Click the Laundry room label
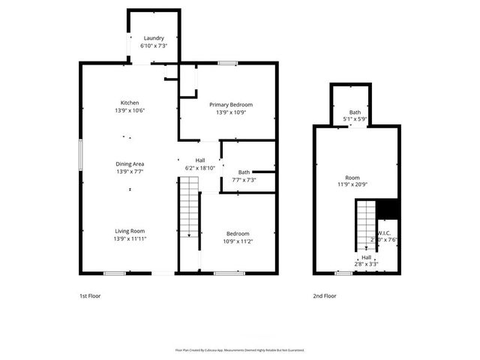click(x=154, y=38)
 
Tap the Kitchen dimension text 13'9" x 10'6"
click(x=130, y=110)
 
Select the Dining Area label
click(x=130, y=163)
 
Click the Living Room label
click(x=130, y=231)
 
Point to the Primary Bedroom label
click(x=231, y=104)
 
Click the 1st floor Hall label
click(x=200, y=160)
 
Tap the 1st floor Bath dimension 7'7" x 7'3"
click(x=244, y=180)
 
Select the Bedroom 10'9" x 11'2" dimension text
click(x=238, y=241)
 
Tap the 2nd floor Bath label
click(x=355, y=112)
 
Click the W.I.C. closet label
click(x=382, y=232)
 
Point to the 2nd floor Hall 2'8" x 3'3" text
click(x=366, y=264)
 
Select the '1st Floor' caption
click(x=90, y=296)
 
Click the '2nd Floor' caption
click(x=325, y=296)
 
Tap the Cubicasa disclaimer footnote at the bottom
click(x=240, y=350)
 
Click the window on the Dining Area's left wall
click(x=81, y=158)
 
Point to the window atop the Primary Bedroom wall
click(x=228, y=63)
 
